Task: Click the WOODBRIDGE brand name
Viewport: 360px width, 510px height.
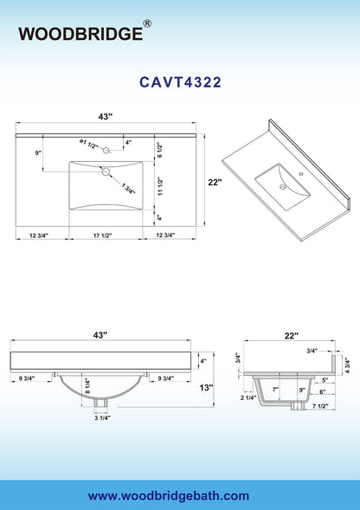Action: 80,34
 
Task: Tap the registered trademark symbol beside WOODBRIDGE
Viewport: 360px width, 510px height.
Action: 147,23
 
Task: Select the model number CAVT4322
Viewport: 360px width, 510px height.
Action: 180,82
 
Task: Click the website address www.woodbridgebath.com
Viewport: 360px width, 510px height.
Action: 169,496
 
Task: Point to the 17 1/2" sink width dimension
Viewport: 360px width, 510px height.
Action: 102,236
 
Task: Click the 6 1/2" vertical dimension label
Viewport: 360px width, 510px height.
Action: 159,150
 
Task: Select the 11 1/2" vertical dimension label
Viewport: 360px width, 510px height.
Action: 160,186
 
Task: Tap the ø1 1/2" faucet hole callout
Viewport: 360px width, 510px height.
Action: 89,144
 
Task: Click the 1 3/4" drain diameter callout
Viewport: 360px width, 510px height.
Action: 128,189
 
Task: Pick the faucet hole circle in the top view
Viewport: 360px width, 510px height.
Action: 106,151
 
